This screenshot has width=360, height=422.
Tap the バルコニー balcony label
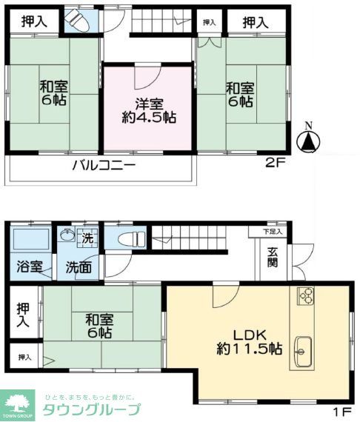[103, 166]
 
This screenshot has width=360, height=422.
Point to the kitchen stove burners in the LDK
[306, 296]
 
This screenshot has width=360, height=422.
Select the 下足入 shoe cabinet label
[273, 232]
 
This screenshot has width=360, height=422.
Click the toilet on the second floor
[77, 22]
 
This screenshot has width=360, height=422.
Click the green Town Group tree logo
[17, 405]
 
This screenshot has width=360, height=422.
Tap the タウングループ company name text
[91, 410]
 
